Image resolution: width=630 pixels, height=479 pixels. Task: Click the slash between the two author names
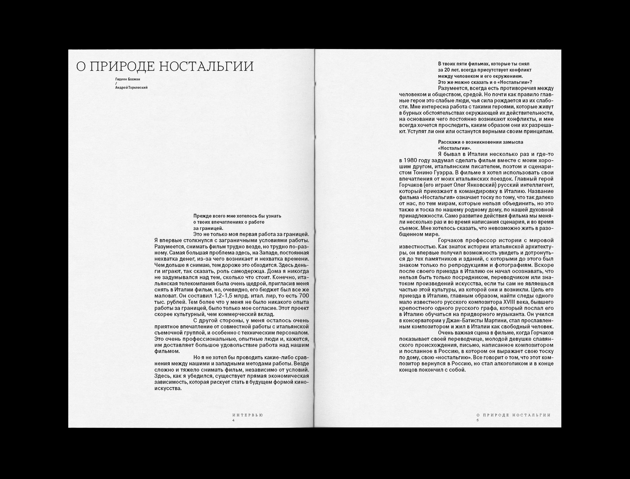pos(116,83)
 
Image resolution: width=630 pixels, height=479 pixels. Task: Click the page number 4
pos(234,420)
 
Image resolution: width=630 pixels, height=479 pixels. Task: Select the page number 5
pos(478,420)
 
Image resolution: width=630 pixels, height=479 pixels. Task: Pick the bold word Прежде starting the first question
pos(203,216)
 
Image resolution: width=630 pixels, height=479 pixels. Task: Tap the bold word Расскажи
pos(449,142)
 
